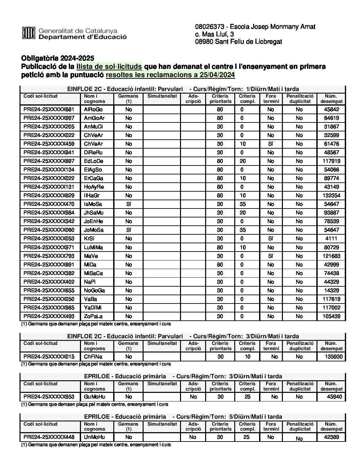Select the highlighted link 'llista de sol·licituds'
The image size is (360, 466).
pyautogui.click(x=109, y=67)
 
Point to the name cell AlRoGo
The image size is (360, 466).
pyautogui.click(x=93, y=110)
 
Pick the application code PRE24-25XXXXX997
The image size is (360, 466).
pyautogui.click(x=49, y=118)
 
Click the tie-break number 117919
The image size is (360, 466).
pyautogui.click(x=331, y=161)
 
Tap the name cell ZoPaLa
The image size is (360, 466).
pyautogui.click(x=93, y=316)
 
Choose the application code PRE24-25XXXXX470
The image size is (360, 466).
pyautogui.click(x=49, y=204)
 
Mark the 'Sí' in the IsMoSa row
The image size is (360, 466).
pyautogui.click(x=129, y=204)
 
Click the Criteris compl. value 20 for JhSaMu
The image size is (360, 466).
pyautogui.click(x=243, y=213)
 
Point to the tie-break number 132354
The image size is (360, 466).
pyautogui.click(x=331, y=196)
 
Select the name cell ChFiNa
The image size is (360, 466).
pyautogui.click(x=93, y=357)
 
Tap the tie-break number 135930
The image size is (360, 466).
pyautogui.click(x=331, y=357)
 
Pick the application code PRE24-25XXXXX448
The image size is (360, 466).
pyautogui.click(x=49, y=437)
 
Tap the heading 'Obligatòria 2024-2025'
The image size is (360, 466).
pyautogui.click(x=58, y=58)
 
